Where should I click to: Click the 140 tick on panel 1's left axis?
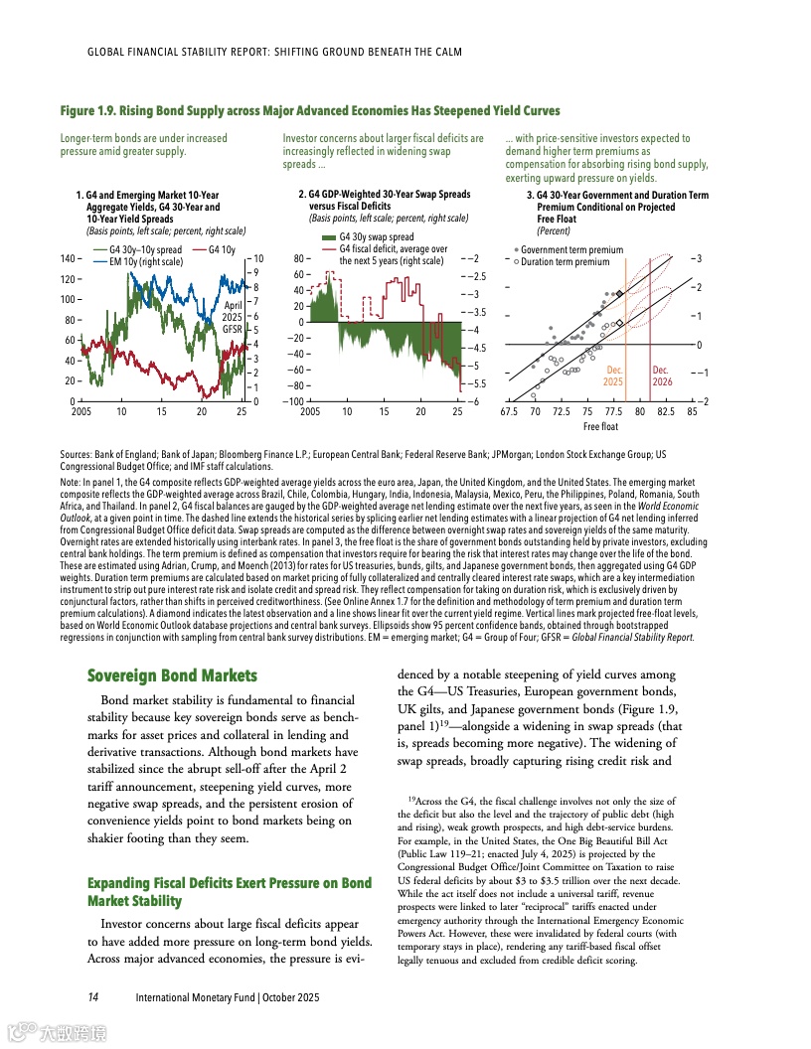[x=68, y=258]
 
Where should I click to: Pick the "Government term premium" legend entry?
[x=571, y=250]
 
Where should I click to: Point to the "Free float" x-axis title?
[x=600, y=427]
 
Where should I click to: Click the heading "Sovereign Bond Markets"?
[x=172, y=676]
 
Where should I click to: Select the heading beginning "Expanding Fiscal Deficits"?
[x=230, y=891]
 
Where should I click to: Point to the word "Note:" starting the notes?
[x=73, y=481]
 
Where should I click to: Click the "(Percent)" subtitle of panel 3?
[x=555, y=229]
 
